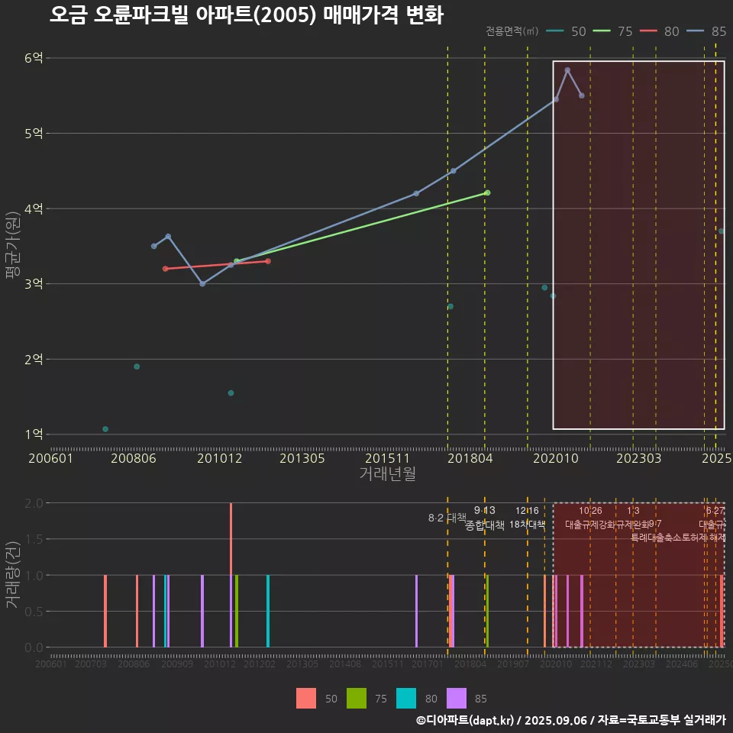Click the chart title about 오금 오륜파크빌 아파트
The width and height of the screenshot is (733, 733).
[x=246, y=15]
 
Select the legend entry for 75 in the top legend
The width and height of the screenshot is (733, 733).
[x=615, y=31]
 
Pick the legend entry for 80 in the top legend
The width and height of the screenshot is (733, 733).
[x=660, y=31]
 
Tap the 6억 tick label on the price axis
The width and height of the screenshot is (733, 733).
[x=34, y=58]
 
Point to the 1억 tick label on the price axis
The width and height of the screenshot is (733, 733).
[x=34, y=434]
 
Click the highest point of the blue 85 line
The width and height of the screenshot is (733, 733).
[x=567, y=70]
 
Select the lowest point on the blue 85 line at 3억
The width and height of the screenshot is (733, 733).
[x=202, y=284]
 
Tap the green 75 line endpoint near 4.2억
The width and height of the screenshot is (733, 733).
[x=487, y=192]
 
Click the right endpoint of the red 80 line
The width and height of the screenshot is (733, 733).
[x=268, y=261]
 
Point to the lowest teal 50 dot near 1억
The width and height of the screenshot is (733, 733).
[x=105, y=429]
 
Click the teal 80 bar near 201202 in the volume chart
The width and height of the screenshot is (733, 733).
[x=268, y=611]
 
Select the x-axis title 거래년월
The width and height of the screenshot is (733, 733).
[x=387, y=474]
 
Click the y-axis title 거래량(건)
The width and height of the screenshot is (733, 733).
[x=13, y=574]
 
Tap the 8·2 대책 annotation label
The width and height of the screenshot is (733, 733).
[x=447, y=518]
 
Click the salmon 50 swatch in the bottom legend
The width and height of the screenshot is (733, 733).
[x=306, y=698]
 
